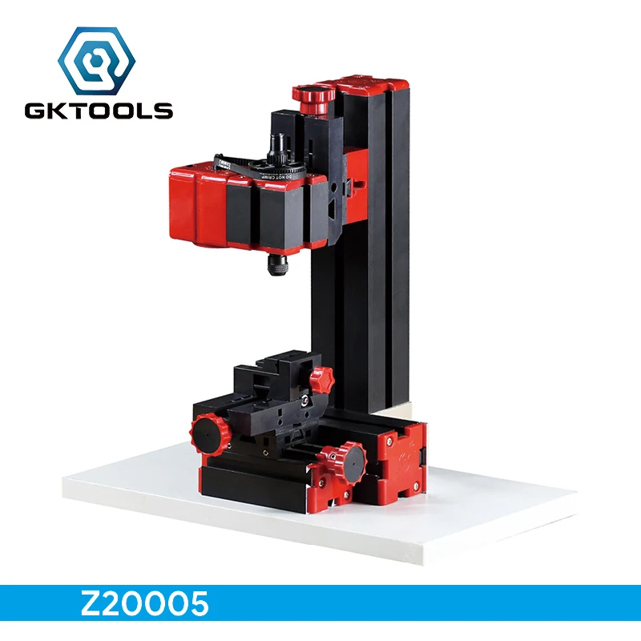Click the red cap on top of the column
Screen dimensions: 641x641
(x=361, y=84)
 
